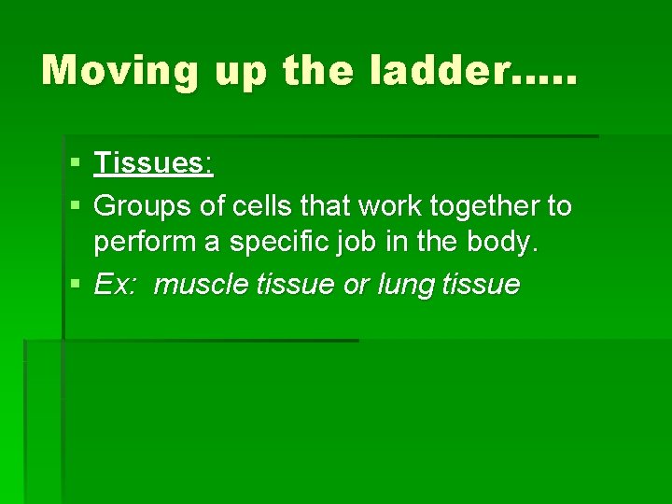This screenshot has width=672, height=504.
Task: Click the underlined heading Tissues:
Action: (154, 165)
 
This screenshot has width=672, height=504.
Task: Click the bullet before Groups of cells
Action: (75, 205)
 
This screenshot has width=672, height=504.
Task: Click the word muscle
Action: (199, 285)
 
